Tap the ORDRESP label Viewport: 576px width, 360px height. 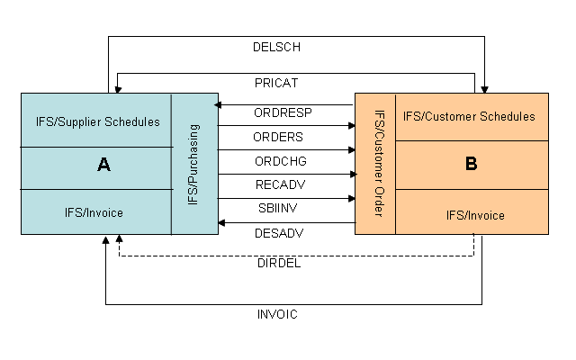pos(283,114)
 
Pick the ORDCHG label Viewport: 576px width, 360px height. pos(281,161)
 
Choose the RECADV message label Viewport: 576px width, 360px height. pos(280,184)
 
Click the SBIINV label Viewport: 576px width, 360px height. pos(279,208)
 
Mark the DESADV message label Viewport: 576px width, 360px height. pos(280,231)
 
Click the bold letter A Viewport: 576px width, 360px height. pos(103,166)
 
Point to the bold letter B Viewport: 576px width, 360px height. pos(471,165)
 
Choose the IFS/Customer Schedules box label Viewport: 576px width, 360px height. pos(469,117)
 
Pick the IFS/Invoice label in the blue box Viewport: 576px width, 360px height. pos(94,212)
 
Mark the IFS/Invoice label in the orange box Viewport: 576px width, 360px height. pos(475,215)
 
